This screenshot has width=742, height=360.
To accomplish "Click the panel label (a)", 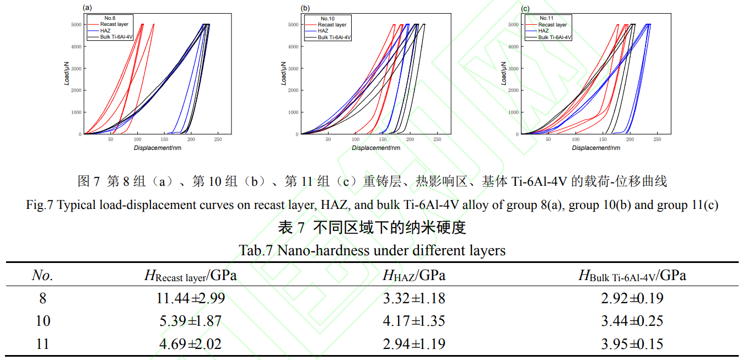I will pos(87,8).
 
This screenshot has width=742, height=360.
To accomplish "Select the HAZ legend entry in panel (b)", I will pos(323,31).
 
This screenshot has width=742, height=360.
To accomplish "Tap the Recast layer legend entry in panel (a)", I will pos(114,24).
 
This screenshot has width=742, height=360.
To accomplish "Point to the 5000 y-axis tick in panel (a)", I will pos(75,25).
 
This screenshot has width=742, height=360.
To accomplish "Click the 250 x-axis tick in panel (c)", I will pos(657,140).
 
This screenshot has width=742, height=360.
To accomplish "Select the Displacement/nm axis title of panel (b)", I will pos(374,148).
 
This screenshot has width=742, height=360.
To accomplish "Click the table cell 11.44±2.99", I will pos(191,298).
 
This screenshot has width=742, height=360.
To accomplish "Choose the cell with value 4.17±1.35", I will pos(414,321).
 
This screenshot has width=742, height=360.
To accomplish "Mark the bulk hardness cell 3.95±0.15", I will pos(632,344).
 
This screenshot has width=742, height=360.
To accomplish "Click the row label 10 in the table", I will pos(42,321).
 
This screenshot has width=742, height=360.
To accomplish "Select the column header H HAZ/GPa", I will pos(414,275).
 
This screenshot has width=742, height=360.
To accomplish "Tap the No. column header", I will pos(42,275).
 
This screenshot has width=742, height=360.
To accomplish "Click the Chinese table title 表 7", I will pos(293,228).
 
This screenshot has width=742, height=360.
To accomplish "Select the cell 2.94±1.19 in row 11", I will pos(414,344).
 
